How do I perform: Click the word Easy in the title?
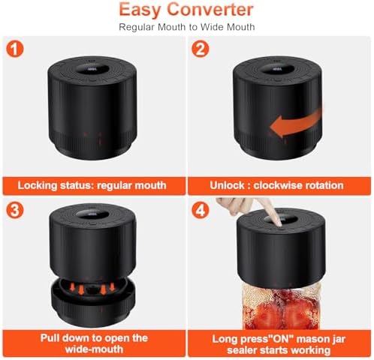[140, 10]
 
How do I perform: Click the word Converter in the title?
[210, 10]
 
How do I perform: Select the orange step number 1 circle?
[15, 49]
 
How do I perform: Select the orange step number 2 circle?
[201, 49]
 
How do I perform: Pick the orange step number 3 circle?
[15, 209]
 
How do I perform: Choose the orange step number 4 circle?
[201, 209]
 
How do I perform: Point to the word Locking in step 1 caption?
[38, 186]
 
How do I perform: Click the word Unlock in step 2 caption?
[227, 185]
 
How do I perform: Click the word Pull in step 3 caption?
[50, 338]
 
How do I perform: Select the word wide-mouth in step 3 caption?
[94, 349]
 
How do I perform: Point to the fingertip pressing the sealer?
[277, 223]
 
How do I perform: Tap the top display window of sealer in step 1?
[92, 69]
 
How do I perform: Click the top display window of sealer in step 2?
[277, 69]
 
